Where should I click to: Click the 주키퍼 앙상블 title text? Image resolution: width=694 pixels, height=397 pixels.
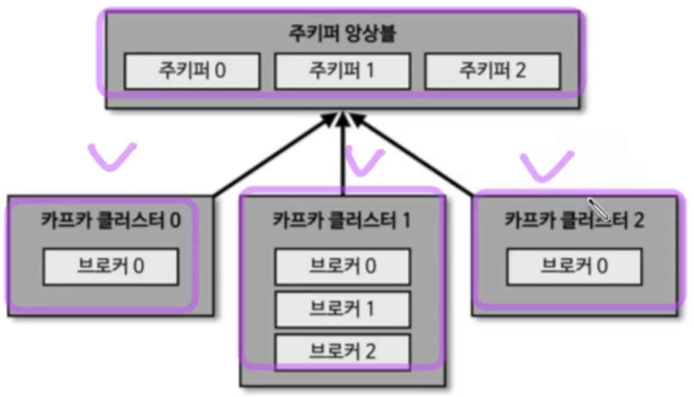(342, 34)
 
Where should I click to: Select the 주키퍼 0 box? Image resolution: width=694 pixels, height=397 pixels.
(192, 71)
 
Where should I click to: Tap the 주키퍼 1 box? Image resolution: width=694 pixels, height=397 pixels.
(342, 71)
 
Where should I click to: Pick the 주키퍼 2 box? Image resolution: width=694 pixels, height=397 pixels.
(492, 71)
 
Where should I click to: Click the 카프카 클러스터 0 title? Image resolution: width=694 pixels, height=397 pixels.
(111, 220)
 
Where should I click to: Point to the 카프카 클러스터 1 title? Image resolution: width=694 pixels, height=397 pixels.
(342, 220)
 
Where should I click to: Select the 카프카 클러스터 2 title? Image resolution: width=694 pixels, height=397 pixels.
(574, 220)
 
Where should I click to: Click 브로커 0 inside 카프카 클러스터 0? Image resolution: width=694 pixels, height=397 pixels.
(111, 267)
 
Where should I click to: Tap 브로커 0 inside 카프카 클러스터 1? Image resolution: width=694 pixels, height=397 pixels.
(343, 267)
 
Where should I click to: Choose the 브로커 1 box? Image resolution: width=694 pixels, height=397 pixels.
(343, 309)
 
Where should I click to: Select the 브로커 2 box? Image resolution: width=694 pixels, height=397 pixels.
(343, 352)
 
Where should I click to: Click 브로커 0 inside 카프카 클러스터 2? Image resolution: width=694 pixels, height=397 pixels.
(574, 267)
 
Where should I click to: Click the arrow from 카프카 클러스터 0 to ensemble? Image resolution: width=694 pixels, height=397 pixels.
(272, 157)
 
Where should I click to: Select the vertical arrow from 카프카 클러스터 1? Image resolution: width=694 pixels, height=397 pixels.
(343, 155)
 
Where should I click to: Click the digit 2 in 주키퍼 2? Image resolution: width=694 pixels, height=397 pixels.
(520, 71)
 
